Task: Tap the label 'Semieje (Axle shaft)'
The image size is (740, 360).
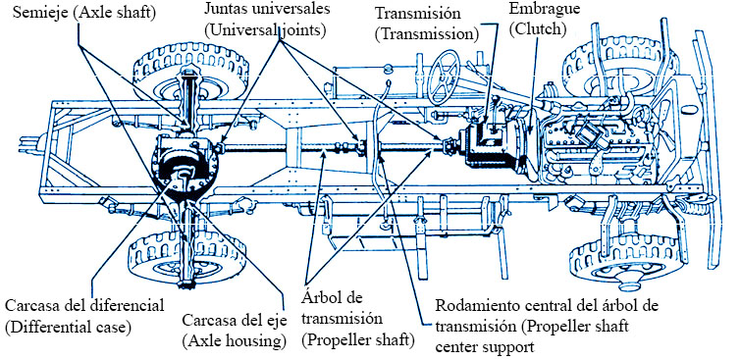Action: point(84,13)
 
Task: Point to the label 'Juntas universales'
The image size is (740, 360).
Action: point(267,9)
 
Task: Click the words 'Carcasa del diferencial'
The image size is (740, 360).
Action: point(85,305)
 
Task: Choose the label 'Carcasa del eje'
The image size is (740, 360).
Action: point(235,321)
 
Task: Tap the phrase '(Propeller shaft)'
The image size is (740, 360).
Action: point(357,339)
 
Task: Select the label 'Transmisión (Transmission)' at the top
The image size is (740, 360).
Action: point(427,24)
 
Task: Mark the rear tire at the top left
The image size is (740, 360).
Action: point(191,71)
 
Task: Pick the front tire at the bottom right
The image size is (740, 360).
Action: point(628,260)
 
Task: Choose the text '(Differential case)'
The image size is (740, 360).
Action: point(68,327)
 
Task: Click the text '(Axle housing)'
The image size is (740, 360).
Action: point(235,339)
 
